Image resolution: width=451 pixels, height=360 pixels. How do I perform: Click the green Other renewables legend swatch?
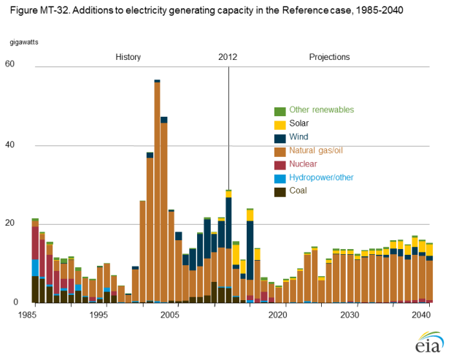(280, 111)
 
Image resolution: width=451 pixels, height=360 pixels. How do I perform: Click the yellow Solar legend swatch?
(280, 124)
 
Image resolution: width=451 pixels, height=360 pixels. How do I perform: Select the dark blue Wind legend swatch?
(280, 137)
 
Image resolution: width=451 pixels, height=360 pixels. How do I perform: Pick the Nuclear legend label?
(304, 164)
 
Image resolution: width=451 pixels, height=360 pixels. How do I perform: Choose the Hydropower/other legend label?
(319, 178)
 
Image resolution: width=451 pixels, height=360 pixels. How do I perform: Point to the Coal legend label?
(298, 191)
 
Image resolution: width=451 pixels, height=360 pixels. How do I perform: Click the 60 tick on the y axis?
(9, 64)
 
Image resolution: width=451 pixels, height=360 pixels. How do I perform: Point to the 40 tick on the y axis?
(9, 145)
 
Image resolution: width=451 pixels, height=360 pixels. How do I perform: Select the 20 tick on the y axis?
(9, 223)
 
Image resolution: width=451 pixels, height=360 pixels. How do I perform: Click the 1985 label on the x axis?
(29, 315)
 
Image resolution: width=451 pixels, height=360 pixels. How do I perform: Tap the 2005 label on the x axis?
(169, 315)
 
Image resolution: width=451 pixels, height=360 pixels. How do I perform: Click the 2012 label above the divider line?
(228, 57)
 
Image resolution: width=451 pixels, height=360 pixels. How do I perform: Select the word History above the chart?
(128, 57)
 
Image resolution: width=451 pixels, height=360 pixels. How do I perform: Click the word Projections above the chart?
(329, 57)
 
